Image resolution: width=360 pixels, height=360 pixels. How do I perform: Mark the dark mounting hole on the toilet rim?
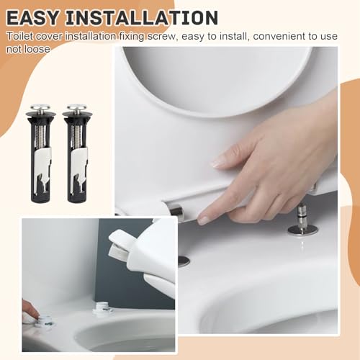[184, 261]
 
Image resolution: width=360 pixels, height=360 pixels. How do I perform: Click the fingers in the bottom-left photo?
[29, 311]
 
